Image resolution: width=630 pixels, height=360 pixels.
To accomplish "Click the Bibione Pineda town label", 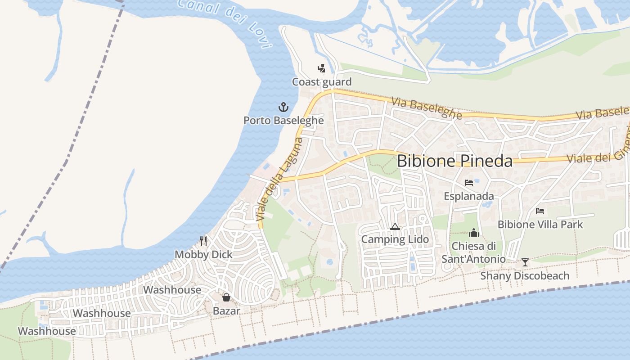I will (x=454, y=161).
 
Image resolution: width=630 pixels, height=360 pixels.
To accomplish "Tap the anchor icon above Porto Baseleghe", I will (x=283, y=107).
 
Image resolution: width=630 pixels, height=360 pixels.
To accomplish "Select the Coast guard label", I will (x=322, y=82).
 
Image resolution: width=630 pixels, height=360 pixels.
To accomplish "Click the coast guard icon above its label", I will (x=321, y=68).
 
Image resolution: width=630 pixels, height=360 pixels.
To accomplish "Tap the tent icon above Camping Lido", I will (x=395, y=226).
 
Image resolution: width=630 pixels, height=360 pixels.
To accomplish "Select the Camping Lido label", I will (x=395, y=239).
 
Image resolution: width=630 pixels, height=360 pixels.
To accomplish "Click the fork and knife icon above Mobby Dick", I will (x=204, y=241).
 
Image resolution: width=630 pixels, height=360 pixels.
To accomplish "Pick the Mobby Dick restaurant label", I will (x=204, y=254).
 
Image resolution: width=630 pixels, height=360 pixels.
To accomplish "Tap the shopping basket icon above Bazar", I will (x=226, y=297).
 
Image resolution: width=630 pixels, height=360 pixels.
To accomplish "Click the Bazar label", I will (x=226, y=311).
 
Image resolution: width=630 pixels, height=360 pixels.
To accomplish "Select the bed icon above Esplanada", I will (x=469, y=183).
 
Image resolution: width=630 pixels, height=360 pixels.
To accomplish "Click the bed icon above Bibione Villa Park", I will (x=540, y=211).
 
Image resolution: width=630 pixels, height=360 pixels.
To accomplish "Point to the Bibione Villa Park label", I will (x=540, y=224).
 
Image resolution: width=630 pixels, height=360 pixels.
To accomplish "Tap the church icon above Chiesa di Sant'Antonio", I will (x=473, y=233).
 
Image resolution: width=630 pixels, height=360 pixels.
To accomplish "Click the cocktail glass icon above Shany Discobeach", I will (x=525, y=262).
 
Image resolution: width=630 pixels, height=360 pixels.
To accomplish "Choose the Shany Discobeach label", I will (x=525, y=275).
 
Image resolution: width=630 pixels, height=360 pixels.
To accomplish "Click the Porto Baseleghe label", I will (x=283, y=120).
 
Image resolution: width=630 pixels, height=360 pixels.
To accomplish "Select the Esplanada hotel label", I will (x=469, y=196).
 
